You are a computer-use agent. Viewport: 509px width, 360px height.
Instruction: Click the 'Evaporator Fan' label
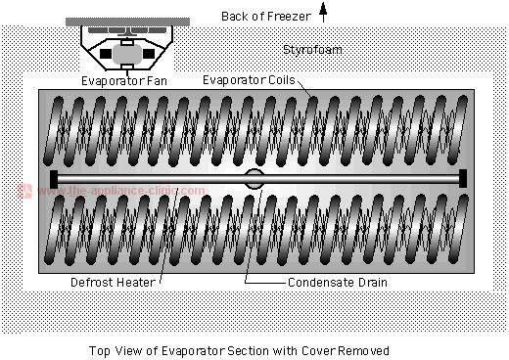(x=124, y=81)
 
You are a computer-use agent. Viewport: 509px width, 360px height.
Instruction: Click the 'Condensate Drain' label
(x=338, y=283)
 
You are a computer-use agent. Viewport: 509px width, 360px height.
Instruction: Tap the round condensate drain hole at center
(x=254, y=178)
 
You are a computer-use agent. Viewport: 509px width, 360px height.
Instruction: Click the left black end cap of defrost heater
(x=52, y=178)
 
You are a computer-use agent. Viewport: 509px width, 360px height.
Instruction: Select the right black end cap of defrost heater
(x=463, y=178)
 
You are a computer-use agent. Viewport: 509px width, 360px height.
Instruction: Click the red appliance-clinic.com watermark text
(x=122, y=192)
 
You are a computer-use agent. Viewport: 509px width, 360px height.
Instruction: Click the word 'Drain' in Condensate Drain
(x=371, y=283)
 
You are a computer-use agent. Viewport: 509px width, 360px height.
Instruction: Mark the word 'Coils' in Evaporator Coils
(x=283, y=79)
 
